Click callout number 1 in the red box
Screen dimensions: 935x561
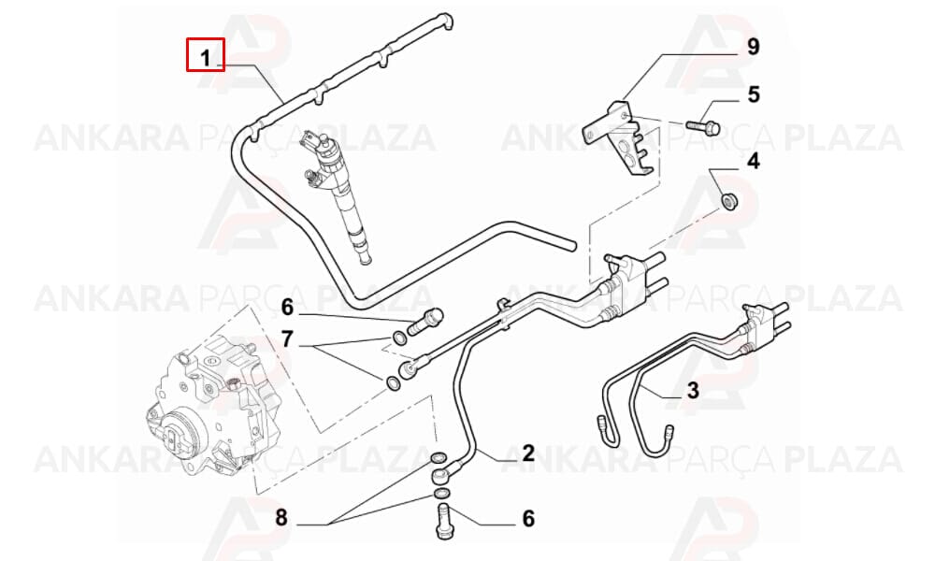205,58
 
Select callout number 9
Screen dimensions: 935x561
753,47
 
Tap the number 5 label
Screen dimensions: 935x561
754,94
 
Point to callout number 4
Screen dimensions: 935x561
754,161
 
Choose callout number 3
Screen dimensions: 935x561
692,391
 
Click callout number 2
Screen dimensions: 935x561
528,453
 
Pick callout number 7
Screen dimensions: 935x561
287,339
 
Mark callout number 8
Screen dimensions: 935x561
281,517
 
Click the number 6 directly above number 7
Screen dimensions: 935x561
287,308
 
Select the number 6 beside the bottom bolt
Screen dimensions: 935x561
528,518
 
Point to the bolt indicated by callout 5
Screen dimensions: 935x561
704,126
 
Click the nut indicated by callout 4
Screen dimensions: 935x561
729,200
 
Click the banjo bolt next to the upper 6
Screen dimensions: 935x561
425,321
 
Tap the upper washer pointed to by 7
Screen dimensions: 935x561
399,338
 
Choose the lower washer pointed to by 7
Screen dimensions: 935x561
394,384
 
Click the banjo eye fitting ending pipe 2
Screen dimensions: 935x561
442,476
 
